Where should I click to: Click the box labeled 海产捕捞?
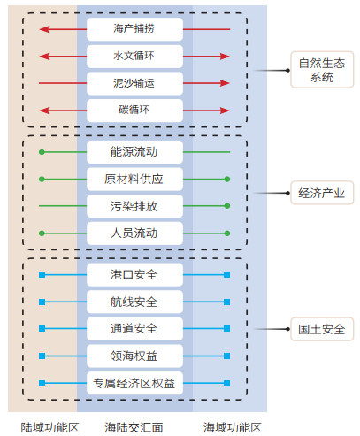134,29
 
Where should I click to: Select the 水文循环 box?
134,57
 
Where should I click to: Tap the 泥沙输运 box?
134,83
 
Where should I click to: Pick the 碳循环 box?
134,111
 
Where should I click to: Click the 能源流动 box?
134,152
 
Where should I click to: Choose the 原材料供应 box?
134,180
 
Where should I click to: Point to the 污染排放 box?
134,206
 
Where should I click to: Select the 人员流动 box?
134,233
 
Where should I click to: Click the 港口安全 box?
134,275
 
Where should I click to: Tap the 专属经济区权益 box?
134,383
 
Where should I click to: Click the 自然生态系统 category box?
322,70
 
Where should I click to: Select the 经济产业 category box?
322,193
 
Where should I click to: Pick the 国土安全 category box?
322,329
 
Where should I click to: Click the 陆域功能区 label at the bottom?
50,427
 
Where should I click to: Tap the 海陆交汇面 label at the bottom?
134,427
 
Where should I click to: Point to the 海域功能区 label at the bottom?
233,427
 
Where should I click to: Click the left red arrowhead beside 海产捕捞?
43,29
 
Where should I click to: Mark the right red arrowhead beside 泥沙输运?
225,83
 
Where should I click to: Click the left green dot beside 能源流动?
42,152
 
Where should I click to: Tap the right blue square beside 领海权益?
226,356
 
